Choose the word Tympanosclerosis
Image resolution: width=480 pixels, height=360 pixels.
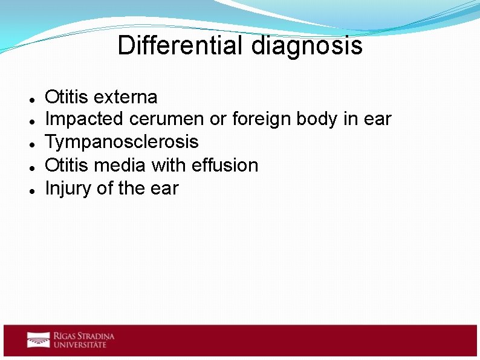(x=122, y=142)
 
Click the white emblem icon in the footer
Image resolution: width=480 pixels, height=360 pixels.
(x=38, y=339)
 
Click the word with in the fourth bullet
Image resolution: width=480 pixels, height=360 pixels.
(x=171, y=165)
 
